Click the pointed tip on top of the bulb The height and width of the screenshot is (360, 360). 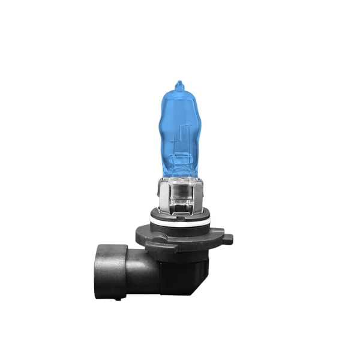(178, 83)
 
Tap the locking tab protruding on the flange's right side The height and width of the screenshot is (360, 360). (227, 239)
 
